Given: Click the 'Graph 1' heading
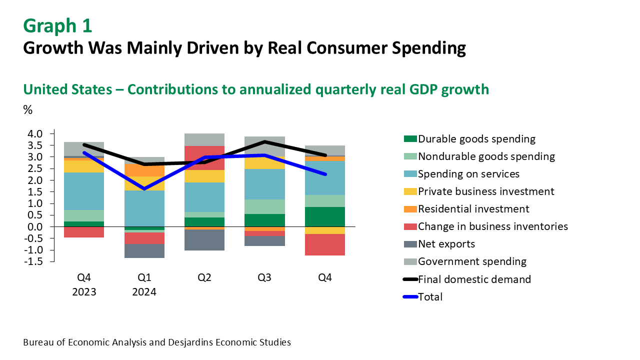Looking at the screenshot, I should pyautogui.click(x=57, y=25).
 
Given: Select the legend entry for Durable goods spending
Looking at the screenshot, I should pyautogui.click(x=476, y=139).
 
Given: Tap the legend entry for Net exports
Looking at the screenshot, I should pyautogui.click(x=446, y=244).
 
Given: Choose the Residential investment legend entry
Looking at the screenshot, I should pyautogui.click(x=473, y=209).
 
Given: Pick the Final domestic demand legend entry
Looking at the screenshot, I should pyautogui.click(x=474, y=279).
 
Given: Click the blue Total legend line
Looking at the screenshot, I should pyautogui.click(x=410, y=297).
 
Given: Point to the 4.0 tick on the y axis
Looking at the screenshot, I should pyautogui.click(x=37, y=133).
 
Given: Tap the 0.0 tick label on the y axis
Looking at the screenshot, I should pyautogui.click(x=37, y=226).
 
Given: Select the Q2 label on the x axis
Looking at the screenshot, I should pyautogui.click(x=204, y=277).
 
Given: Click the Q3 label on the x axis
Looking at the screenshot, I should pyautogui.click(x=264, y=277).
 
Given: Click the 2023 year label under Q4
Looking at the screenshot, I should pyautogui.click(x=84, y=291).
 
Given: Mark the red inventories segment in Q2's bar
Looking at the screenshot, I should pyautogui.click(x=204, y=157).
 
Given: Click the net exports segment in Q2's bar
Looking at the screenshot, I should pyautogui.click(x=204, y=239).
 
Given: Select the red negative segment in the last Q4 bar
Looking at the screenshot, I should pyautogui.click(x=325, y=244).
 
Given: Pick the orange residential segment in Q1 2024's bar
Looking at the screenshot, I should pyautogui.click(x=144, y=170).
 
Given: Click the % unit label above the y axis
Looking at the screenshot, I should pyautogui.click(x=28, y=110).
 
